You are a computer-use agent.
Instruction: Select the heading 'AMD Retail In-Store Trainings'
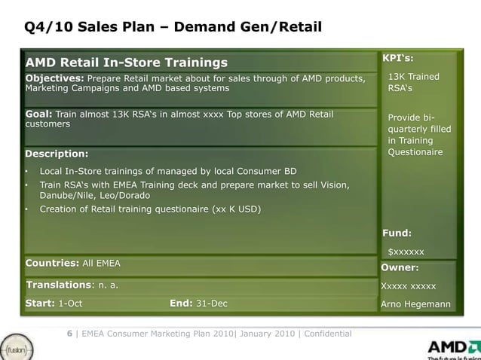click(127, 61)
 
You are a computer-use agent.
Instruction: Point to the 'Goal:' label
click(39, 114)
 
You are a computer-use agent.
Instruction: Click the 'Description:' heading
click(57, 154)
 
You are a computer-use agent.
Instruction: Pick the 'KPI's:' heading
click(397, 58)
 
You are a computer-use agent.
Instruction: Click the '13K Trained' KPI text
click(413, 77)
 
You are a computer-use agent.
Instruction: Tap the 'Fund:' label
click(397, 233)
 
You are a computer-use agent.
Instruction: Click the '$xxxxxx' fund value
click(406, 252)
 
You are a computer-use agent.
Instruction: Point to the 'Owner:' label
click(400, 267)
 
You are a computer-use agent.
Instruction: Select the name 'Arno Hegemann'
click(416, 304)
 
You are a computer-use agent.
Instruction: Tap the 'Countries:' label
click(52, 263)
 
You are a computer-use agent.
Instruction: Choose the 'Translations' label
click(59, 285)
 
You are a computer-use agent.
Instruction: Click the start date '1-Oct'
click(70, 304)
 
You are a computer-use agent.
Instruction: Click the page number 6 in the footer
click(69, 334)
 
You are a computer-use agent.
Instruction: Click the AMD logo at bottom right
click(451, 347)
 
